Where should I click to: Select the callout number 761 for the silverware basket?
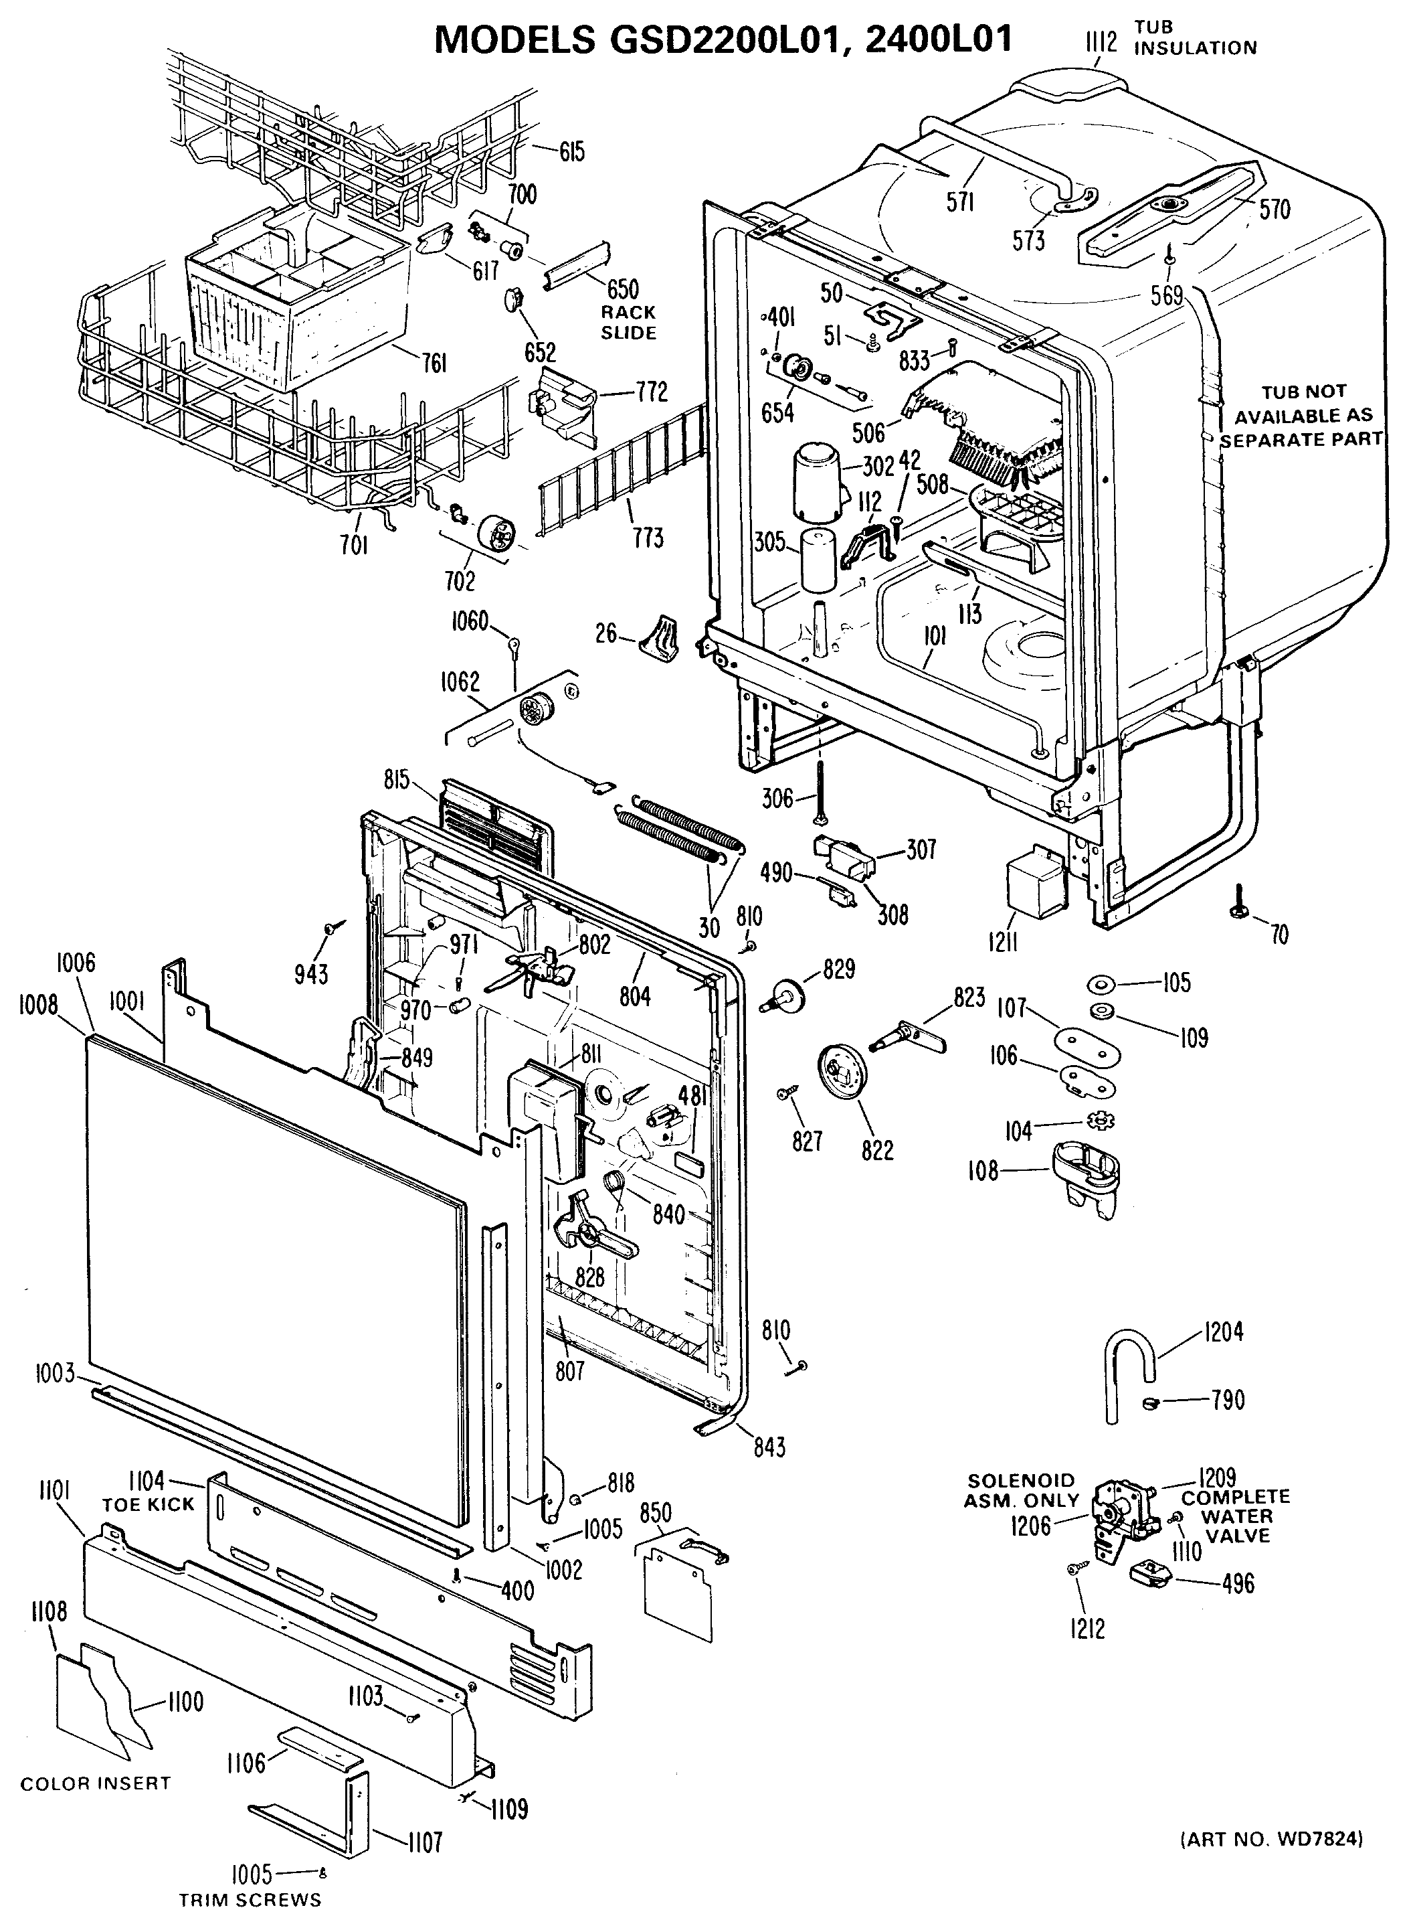[434, 363]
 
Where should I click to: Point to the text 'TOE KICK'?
[149, 1504]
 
